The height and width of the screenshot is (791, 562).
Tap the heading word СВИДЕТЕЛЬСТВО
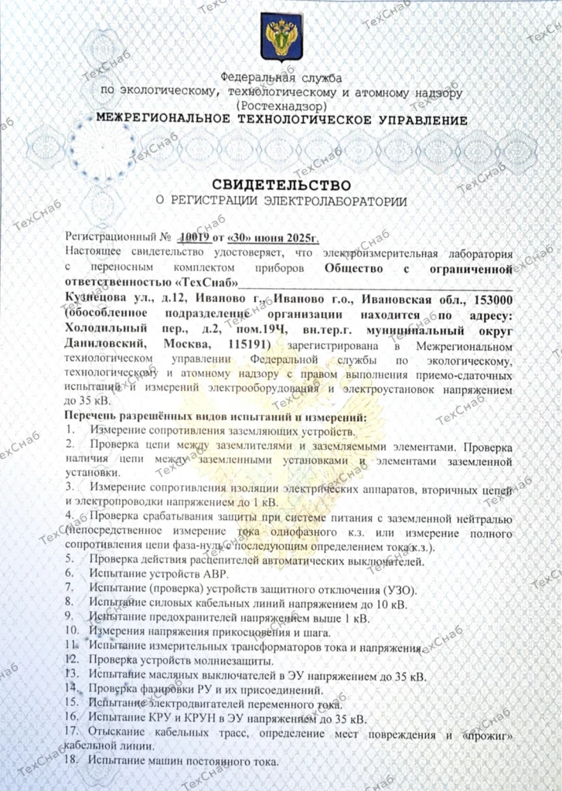281,185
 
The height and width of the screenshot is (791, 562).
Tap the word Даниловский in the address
105,343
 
